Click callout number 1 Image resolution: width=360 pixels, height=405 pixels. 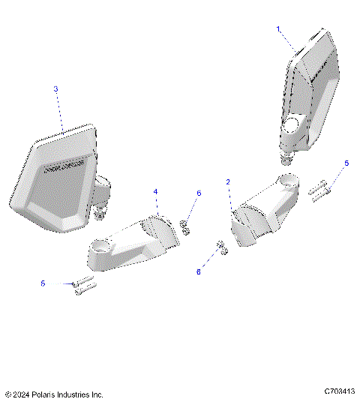tap(278, 28)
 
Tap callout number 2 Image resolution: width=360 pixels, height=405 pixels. tap(229, 181)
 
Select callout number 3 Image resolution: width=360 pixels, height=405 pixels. tap(55, 88)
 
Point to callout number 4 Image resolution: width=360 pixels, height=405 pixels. tap(155, 192)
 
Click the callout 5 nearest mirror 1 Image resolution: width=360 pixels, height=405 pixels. tap(346, 163)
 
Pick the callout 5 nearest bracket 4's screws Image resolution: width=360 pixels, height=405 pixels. tap(43, 283)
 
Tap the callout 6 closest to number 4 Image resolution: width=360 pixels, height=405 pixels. tap(199, 193)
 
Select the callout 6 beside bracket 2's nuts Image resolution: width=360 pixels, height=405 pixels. tap(199, 272)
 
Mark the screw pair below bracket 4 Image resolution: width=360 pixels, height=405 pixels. tap(82, 286)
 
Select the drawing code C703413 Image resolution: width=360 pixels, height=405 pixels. tap(339, 391)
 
